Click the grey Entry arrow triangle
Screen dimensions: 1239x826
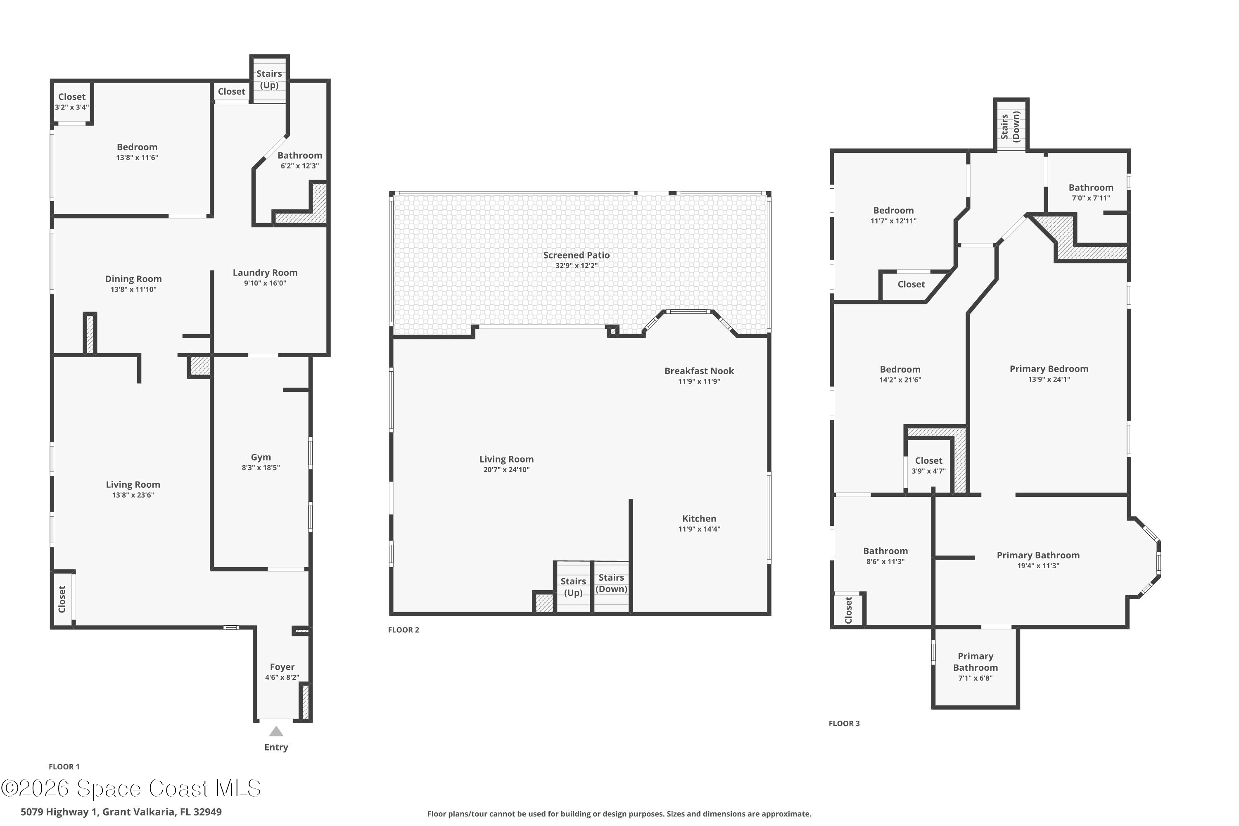pos(276,732)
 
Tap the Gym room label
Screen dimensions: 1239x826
pos(261,457)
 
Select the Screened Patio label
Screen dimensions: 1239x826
pos(576,255)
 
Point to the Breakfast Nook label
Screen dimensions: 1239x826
pos(699,371)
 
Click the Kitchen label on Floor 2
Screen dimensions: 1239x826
pos(699,518)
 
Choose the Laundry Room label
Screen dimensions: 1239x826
pos(265,272)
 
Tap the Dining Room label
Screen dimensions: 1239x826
pos(133,279)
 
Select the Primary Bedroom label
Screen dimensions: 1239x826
pos(1049,369)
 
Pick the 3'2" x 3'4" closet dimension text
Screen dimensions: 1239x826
pos(71,107)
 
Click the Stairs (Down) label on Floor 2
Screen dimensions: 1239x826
pos(611,584)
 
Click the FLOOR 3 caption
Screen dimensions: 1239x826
pos(844,723)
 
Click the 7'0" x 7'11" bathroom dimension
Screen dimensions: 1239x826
pos(1091,198)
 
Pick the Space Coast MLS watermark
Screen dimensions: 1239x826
pos(131,788)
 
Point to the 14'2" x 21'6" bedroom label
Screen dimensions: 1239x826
pos(900,380)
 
